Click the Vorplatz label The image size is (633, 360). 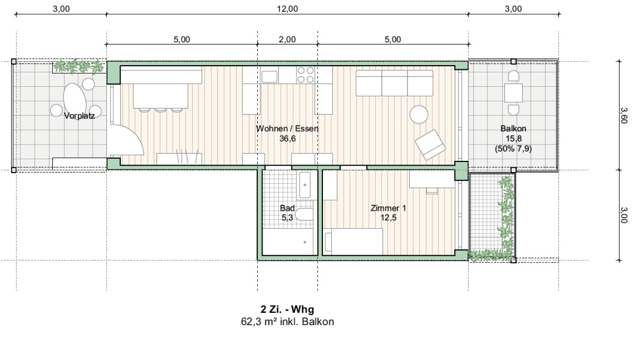click(x=79, y=116)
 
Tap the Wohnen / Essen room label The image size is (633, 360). click(x=287, y=129)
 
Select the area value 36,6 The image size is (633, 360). click(x=287, y=138)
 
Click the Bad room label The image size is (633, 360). click(x=287, y=208)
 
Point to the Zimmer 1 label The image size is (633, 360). click(x=388, y=208)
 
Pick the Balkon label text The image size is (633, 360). click(x=513, y=128)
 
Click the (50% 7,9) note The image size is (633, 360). click(x=513, y=149)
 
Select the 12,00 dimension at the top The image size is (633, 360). click(x=287, y=8)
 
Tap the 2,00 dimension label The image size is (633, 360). click(x=287, y=39)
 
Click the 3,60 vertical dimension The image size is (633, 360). click(x=623, y=115)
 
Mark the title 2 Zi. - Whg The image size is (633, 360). click(x=287, y=310)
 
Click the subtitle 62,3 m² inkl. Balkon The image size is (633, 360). click(x=287, y=322)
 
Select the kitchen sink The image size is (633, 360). click(x=269, y=77)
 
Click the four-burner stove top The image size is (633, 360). click(x=305, y=75)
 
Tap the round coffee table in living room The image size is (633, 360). click(x=419, y=115)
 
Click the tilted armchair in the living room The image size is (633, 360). click(x=430, y=145)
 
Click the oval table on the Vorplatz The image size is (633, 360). click(x=75, y=100)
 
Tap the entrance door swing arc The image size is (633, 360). click(x=135, y=133)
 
